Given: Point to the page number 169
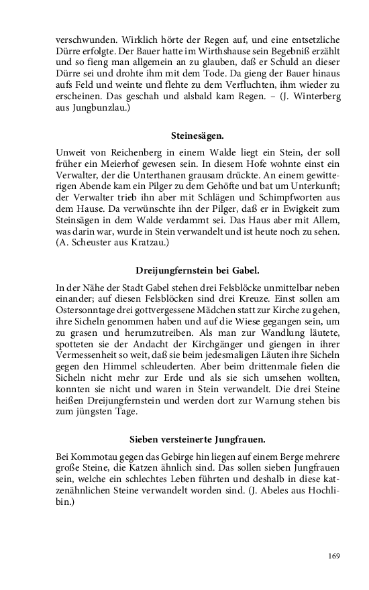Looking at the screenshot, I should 334,555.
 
